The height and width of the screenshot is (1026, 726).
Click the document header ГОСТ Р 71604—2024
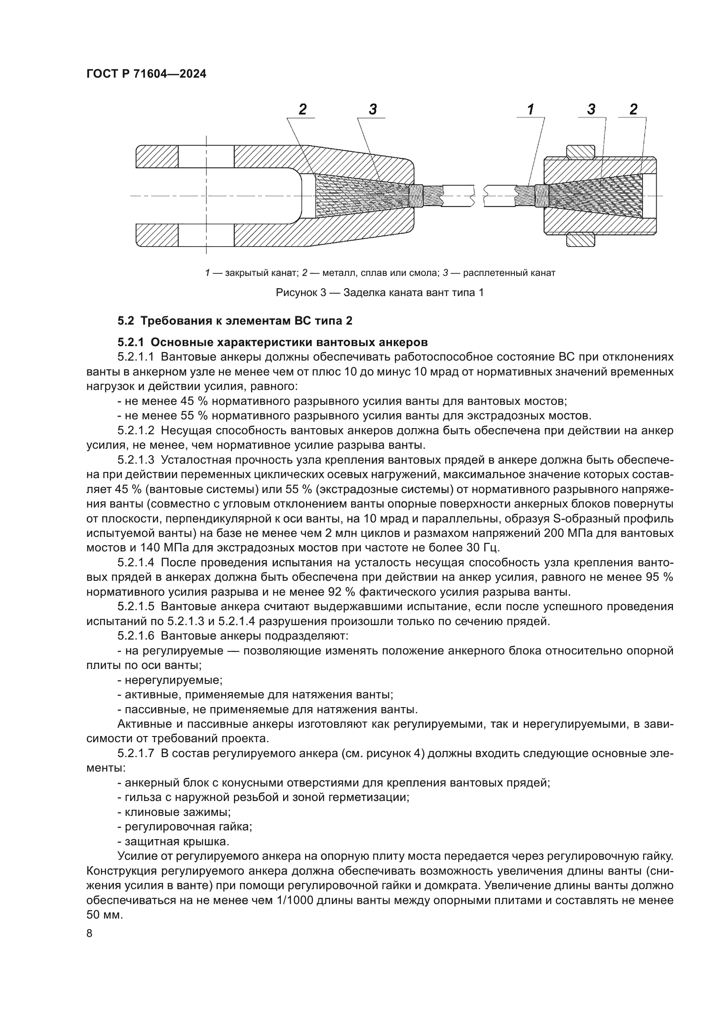[146, 74]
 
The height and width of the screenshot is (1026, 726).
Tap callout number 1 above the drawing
[531, 109]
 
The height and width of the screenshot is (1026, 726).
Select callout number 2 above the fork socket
[303, 109]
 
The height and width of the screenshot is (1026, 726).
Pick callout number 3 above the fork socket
[373, 109]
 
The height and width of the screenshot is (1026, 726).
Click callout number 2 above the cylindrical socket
[633, 109]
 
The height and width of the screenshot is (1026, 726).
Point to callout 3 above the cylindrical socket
[591, 109]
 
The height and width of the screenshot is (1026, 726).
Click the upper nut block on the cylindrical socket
[580, 152]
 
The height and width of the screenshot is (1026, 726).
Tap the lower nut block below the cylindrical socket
[580, 240]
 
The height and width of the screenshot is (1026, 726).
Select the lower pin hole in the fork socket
[206, 235]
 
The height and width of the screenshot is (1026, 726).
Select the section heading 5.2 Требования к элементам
[235, 321]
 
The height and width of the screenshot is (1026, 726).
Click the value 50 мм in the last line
[104, 915]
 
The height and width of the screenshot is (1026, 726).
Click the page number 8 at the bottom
[90, 934]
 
